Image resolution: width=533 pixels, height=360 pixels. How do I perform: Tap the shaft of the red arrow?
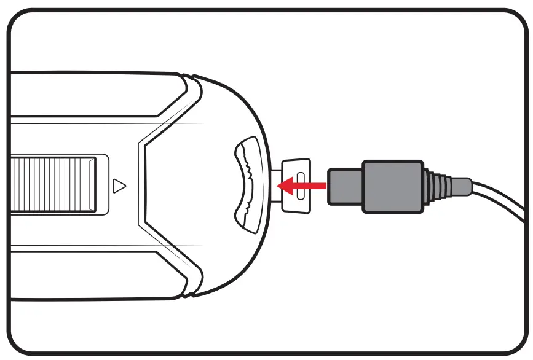pyautogui.click(x=310, y=185)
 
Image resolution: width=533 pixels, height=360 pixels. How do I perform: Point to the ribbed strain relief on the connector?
pyautogui.click(x=438, y=185)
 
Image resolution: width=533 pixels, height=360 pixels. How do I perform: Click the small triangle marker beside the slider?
pyautogui.click(x=120, y=184)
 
